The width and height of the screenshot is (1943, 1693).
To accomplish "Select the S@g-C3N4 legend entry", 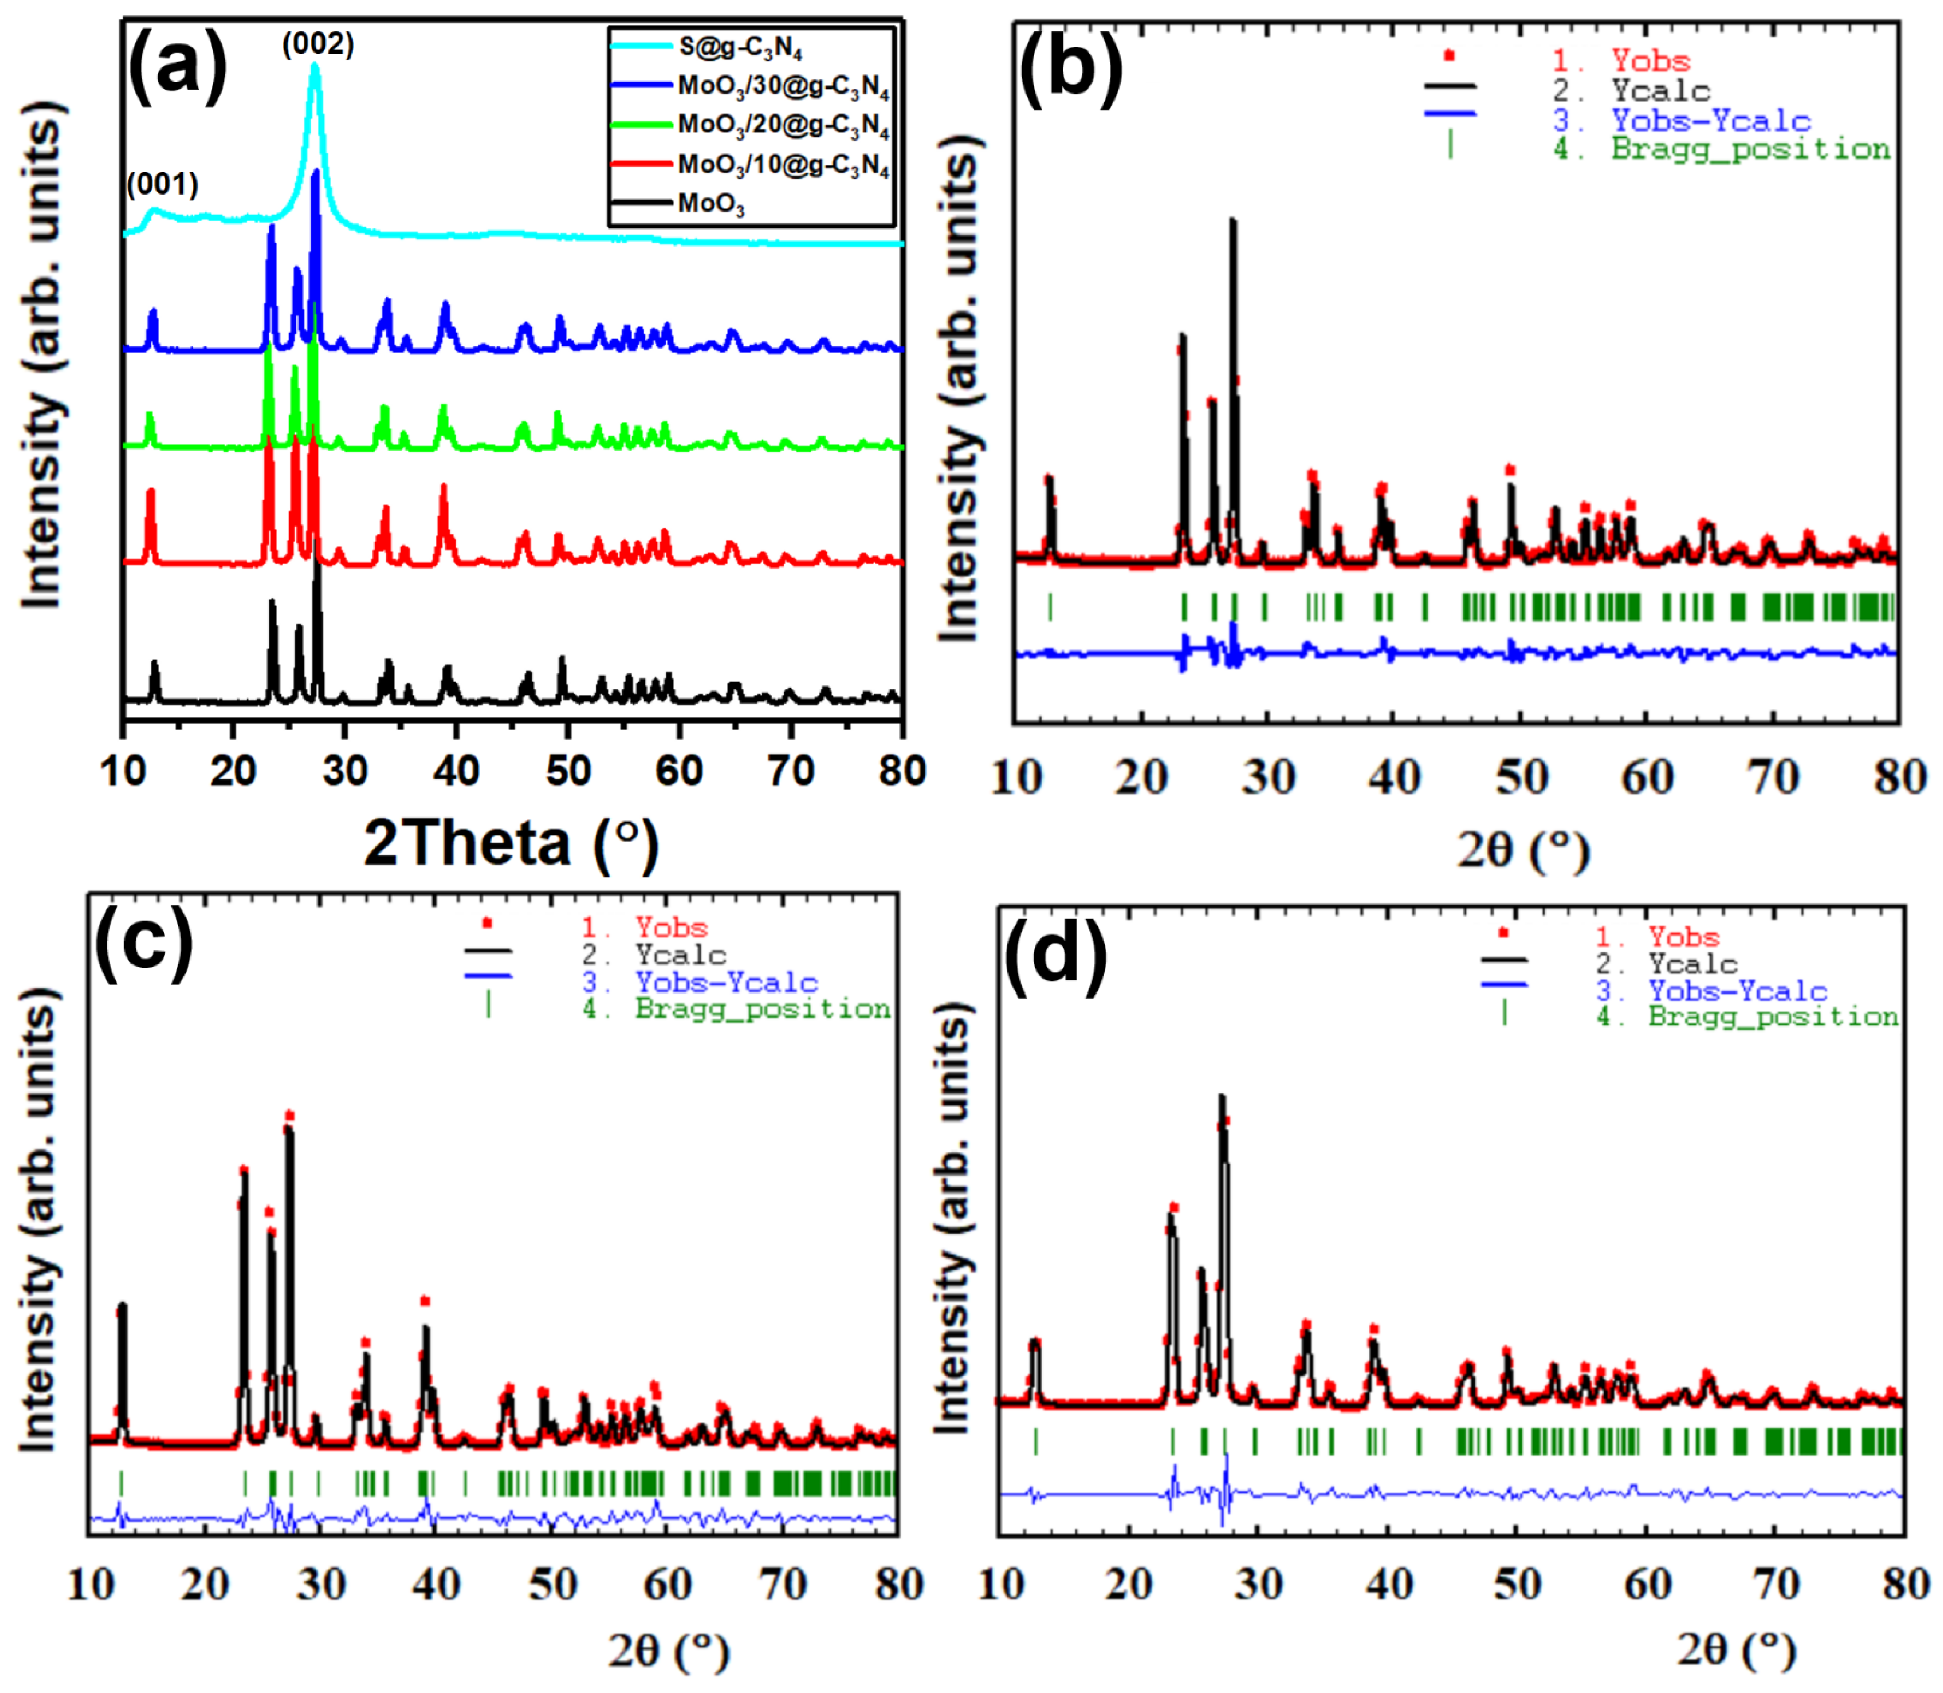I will coord(739,47).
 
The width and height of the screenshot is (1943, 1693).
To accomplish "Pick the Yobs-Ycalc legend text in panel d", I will coord(1738,991).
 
